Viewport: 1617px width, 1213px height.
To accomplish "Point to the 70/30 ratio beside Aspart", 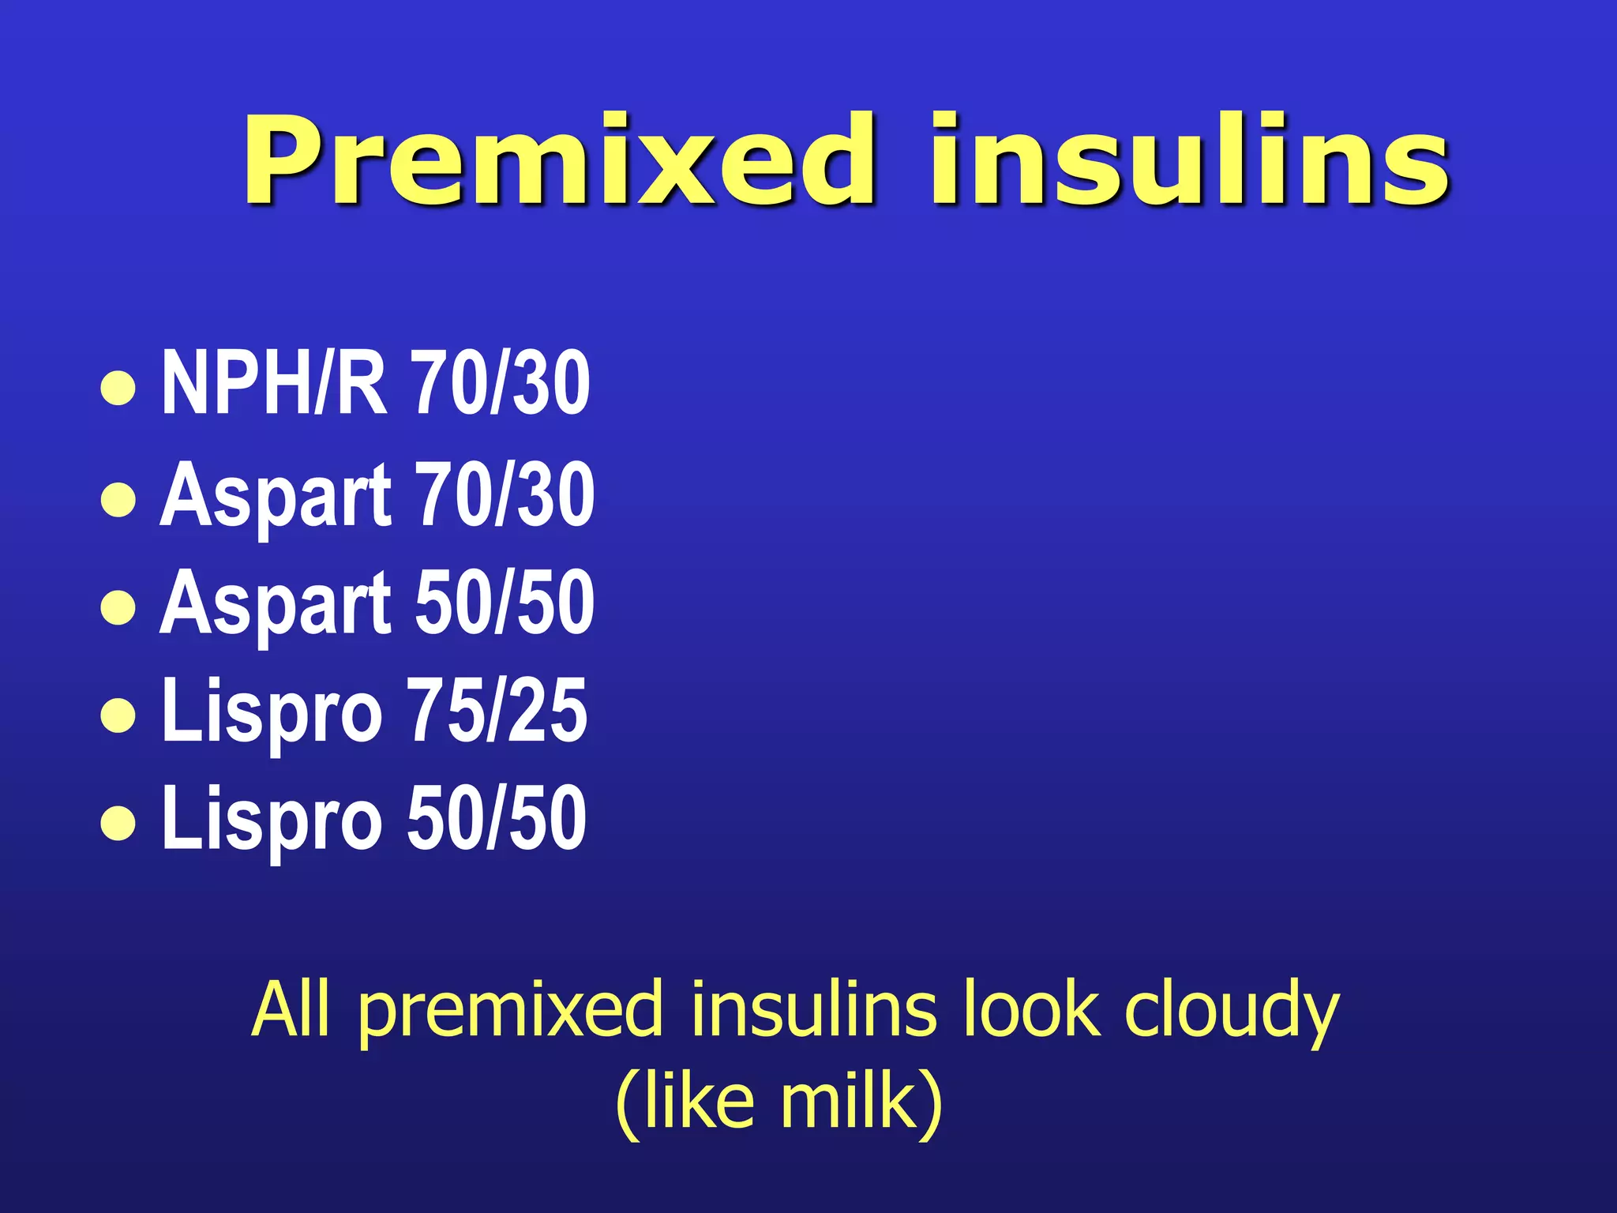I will (505, 494).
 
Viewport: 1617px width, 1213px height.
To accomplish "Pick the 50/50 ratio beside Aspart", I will (505, 602).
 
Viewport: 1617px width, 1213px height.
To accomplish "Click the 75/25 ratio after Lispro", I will (497, 710).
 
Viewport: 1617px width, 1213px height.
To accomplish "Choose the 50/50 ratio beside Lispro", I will (497, 818).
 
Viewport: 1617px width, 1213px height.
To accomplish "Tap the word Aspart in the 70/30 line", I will (276, 496).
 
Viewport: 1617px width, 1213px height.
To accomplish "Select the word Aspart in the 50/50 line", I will (276, 603).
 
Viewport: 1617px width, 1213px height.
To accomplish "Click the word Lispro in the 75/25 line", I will (272, 712).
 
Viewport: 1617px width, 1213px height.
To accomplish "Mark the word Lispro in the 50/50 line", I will (272, 820).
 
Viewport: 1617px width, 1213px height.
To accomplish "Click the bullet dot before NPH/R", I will (118, 389).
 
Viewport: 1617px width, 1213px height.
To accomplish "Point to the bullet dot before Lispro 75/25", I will (118, 715).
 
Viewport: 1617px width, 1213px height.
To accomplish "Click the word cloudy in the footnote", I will (1231, 1011).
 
